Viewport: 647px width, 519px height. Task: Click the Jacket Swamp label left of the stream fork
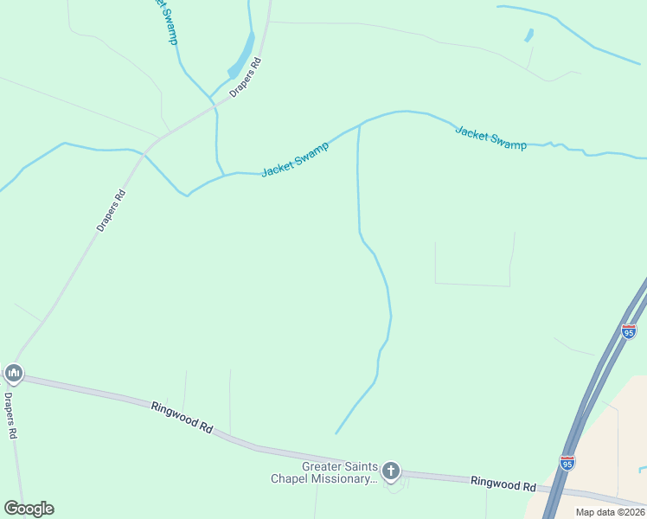[295, 158]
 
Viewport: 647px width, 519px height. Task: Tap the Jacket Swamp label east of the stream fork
[490, 138]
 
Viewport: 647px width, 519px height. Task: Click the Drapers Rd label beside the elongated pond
[246, 77]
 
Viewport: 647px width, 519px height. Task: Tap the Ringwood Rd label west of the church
[182, 417]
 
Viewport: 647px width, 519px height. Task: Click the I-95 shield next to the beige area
[567, 464]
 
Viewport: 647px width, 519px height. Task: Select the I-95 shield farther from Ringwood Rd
[629, 331]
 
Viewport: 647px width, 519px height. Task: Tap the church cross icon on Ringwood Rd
[391, 471]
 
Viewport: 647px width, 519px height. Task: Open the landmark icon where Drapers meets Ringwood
[13, 374]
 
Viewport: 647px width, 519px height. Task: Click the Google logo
[29, 509]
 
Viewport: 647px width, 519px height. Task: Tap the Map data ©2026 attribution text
[610, 512]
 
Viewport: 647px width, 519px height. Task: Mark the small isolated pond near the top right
[528, 35]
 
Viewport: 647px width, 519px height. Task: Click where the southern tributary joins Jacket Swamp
[359, 125]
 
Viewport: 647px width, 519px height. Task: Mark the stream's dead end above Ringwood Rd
[336, 433]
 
